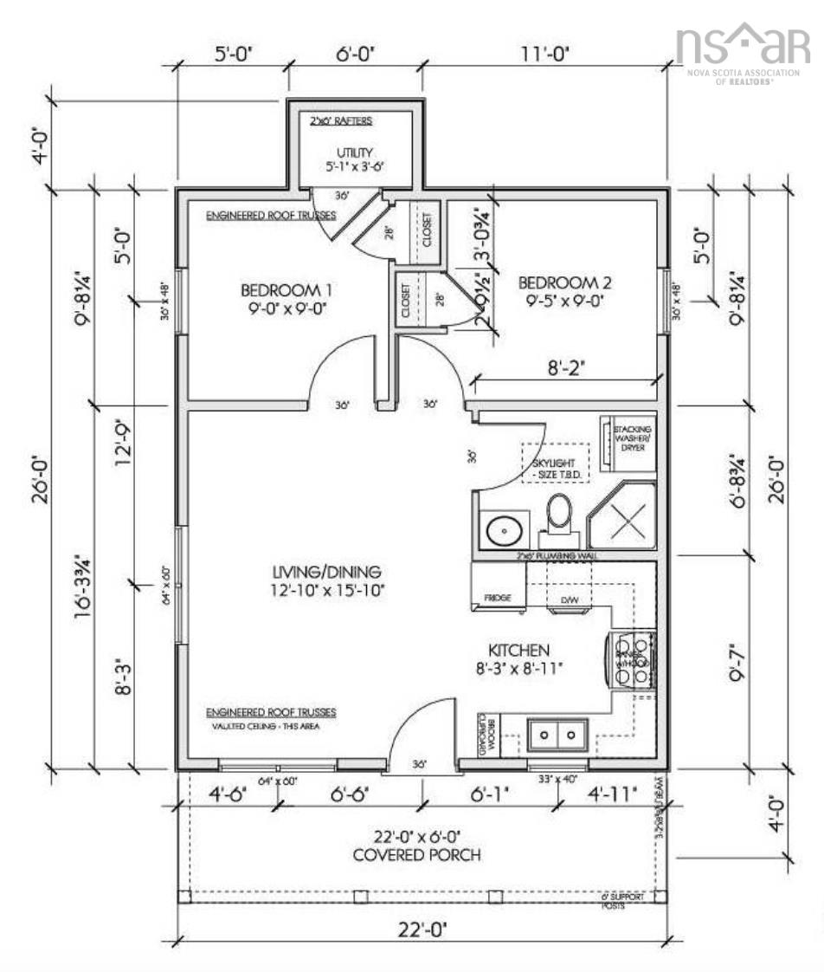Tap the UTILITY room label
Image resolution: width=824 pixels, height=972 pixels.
[x=349, y=158]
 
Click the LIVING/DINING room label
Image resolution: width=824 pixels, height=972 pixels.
[x=327, y=580]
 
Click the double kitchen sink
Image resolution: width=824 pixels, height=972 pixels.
[x=557, y=735]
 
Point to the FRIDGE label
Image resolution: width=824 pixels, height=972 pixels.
[x=497, y=598]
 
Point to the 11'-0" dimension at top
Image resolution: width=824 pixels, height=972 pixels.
[x=545, y=55]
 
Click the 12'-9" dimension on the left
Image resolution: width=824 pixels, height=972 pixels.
[x=125, y=467]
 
